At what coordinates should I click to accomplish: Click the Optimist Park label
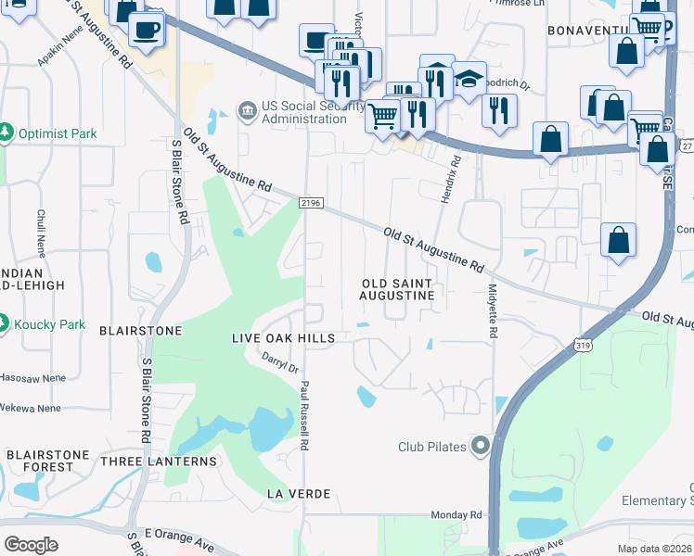click(x=57, y=133)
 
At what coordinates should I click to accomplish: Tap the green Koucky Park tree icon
click(x=4, y=323)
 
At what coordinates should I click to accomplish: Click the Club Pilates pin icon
click(x=480, y=447)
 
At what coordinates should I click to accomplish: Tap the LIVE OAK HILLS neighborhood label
click(x=282, y=339)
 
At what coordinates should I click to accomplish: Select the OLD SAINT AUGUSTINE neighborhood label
click(x=397, y=288)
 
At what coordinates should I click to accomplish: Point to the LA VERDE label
click(x=298, y=493)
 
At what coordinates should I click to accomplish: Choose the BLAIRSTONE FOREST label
click(x=47, y=461)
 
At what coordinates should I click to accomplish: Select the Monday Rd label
click(x=456, y=514)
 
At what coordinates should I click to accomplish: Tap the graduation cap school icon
click(x=469, y=79)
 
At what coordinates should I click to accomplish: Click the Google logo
click(x=31, y=545)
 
